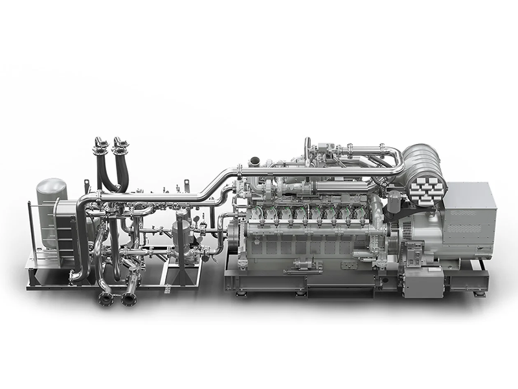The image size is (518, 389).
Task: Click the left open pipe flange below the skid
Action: click(x=106, y=299)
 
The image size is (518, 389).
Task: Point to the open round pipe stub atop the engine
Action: click(x=255, y=160)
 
